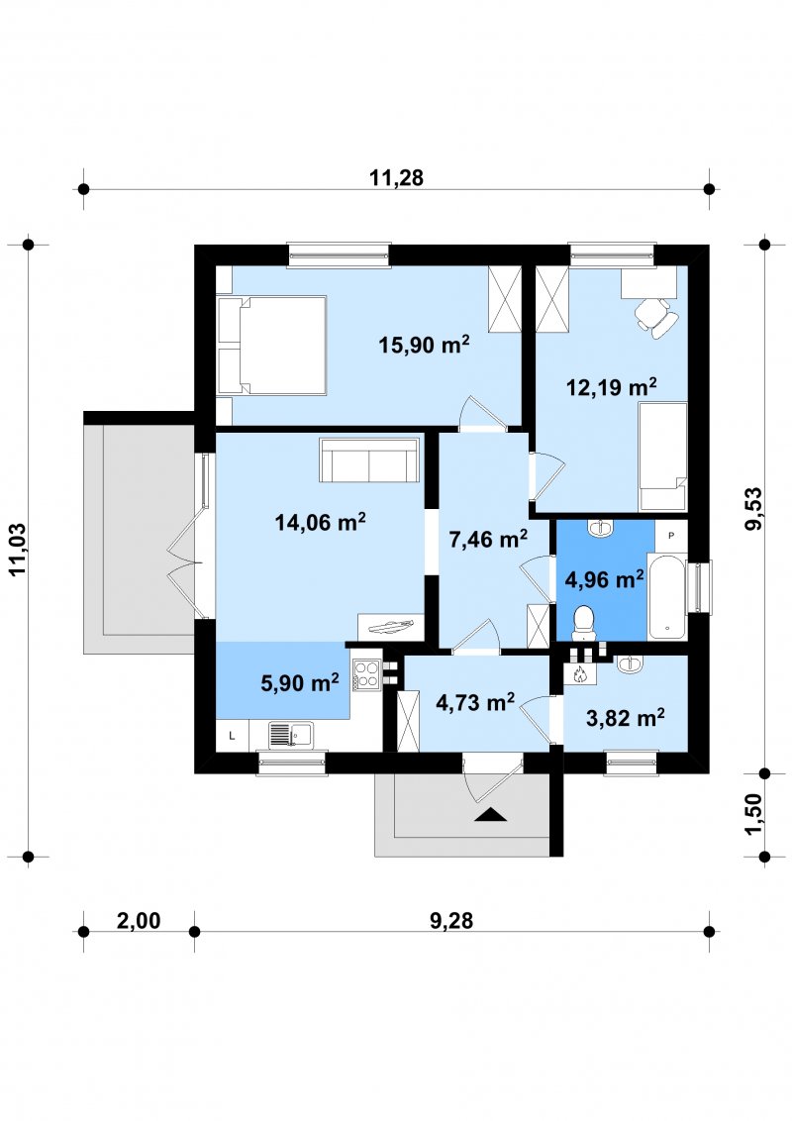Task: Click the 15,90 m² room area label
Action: (x=424, y=345)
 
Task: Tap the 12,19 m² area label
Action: (x=612, y=387)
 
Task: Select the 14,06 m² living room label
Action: (x=320, y=522)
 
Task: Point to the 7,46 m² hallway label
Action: (x=488, y=539)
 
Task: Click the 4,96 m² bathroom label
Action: (x=605, y=579)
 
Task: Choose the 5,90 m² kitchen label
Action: (x=300, y=682)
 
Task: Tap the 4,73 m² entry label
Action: (x=475, y=702)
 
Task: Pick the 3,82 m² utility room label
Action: (x=626, y=717)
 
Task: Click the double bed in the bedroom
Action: (x=271, y=346)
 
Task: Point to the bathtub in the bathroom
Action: (x=667, y=596)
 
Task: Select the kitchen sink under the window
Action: (x=290, y=735)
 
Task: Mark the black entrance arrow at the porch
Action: (x=490, y=814)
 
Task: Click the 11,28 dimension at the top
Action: (x=396, y=177)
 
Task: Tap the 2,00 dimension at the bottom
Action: (x=139, y=920)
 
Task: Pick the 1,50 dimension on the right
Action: (x=753, y=814)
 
